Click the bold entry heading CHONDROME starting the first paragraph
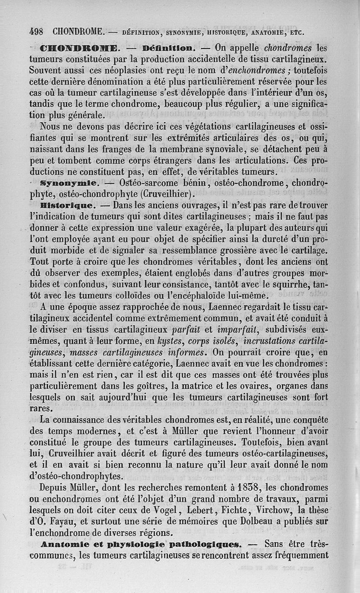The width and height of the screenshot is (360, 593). pyautogui.click(x=79, y=48)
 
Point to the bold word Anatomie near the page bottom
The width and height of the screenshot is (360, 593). pyautogui.click(x=66, y=544)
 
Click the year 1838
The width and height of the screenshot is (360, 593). pyautogui.click(x=241, y=487)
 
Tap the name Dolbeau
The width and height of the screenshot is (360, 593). pyautogui.click(x=239, y=521)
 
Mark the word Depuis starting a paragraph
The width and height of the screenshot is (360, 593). pyautogui.click(x=56, y=487)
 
